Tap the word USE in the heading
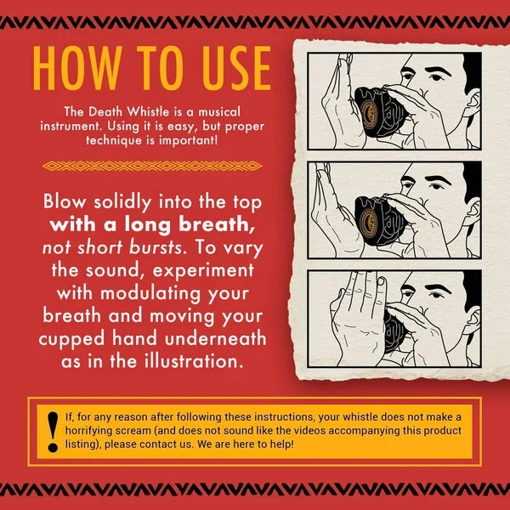tap(236, 68)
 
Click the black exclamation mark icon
tap(53, 432)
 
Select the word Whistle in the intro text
tap(148, 111)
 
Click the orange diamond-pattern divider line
tap(152, 166)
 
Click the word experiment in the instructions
tap(203, 270)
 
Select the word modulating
tap(150, 293)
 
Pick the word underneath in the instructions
tap(215, 338)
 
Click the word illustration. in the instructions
tap(194, 361)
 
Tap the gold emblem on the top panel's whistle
tap(369, 113)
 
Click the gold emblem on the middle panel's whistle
tap(369, 222)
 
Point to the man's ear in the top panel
tap(472, 102)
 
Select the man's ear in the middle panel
tap(472, 211)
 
